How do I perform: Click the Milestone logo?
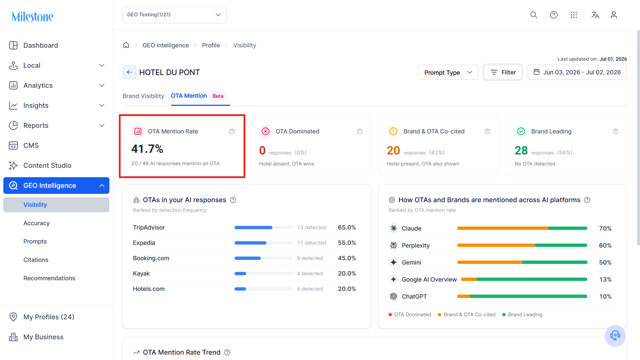[x=32, y=16]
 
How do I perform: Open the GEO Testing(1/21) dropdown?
[x=174, y=15]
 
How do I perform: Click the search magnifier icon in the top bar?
[x=534, y=15]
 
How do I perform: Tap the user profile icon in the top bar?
[x=614, y=15]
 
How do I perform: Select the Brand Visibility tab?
[x=143, y=96]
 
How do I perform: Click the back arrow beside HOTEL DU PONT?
[x=129, y=72]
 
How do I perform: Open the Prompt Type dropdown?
[x=448, y=72]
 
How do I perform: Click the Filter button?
[x=503, y=72]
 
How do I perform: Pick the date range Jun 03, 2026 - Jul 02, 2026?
[x=577, y=72]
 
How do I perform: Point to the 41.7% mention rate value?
[x=147, y=149]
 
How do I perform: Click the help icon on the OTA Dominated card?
[x=360, y=131]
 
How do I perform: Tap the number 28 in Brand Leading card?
[x=521, y=150]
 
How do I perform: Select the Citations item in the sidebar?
[x=36, y=260]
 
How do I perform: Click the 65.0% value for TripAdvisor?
[x=347, y=228]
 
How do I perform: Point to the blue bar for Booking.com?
[x=247, y=258]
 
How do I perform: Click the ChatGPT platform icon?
[x=394, y=296]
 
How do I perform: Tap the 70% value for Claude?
[x=605, y=229]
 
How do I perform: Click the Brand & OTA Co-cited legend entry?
[x=467, y=315]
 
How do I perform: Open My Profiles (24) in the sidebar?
[x=49, y=317]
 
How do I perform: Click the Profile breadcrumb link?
[x=211, y=45]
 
